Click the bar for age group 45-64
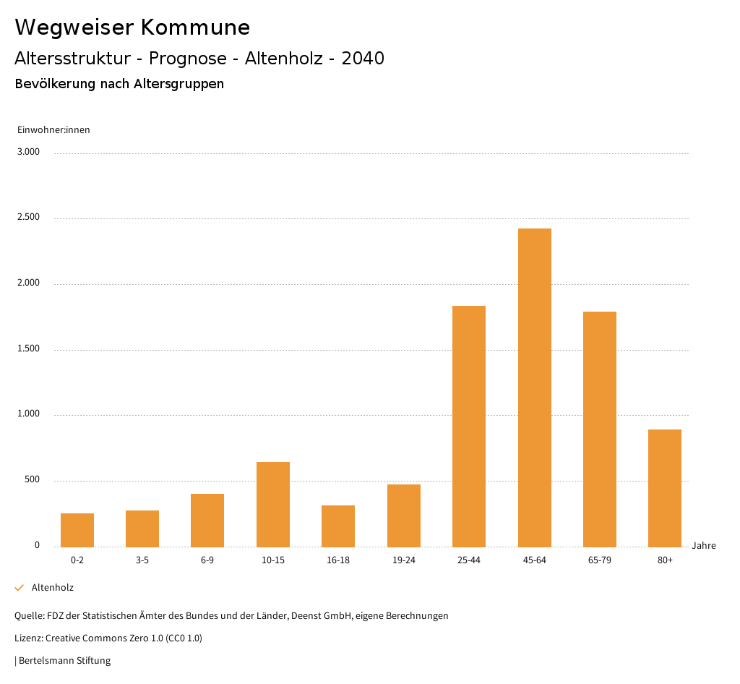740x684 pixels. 534,388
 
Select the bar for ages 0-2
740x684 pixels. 77,530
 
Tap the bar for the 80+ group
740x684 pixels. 665,488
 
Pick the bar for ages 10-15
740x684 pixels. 273,504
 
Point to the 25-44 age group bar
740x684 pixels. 469,426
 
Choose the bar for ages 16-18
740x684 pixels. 338,526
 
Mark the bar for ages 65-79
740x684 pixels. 600,429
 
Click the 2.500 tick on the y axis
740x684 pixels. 29,218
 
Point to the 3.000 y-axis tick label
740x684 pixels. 29,152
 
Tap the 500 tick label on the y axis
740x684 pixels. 32,480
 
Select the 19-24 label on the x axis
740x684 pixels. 404,560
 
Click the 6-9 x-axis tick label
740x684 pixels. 207,560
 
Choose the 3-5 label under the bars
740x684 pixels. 142,560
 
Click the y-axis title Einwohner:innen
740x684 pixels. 53,130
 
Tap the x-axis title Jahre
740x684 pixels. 704,546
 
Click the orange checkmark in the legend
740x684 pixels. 20,588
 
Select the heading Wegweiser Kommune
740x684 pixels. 132,27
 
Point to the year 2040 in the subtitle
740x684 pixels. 363,59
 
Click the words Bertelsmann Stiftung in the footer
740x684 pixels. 65,661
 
